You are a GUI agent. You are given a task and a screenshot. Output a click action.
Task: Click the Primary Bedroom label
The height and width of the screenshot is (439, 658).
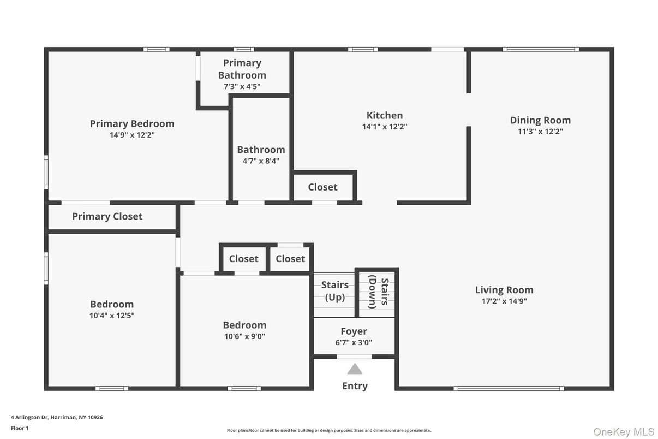pyautogui.click(x=132, y=124)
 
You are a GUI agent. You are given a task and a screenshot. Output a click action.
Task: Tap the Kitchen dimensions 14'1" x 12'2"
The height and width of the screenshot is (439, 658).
pyautogui.click(x=385, y=127)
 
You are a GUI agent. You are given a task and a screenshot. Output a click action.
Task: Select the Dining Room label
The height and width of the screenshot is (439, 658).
pyautogui.click(x=540, y=120)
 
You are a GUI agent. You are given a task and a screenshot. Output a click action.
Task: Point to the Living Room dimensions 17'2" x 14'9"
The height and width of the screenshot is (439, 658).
pyautogui.click(x=504, y=301)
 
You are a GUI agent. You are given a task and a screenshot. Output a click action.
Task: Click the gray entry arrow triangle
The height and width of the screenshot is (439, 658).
pyautogui.click(x=355, y=369)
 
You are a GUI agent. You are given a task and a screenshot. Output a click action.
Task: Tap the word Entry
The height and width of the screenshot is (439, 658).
pyautogui.click(x=355, y=386)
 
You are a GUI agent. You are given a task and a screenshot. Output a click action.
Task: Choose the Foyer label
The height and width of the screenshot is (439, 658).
pyautogui.click(x=354, y=331)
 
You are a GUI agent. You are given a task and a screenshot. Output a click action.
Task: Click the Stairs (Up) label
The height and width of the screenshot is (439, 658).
pyautogui.click(x=334, y=291)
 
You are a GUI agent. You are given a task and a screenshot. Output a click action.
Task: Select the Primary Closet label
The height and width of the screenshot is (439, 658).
pyautogui.click(x=107, y=216)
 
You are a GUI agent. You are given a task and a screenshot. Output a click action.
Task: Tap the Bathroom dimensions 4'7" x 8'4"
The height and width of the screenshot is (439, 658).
pyautogui.click(x=261, y=161)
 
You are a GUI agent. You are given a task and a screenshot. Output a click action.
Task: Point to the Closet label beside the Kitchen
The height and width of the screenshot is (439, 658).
pyautogui.click(x=322, y=187)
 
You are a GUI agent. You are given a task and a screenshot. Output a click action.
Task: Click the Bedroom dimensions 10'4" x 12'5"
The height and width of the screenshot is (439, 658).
pyautogui.click(x=112, y=316)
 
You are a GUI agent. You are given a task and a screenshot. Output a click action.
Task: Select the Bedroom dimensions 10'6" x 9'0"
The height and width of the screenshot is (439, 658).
pyautogui.click(x=244, y=336)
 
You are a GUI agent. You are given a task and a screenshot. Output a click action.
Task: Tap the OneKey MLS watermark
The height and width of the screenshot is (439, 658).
pyautogui.click(x=624, y=432)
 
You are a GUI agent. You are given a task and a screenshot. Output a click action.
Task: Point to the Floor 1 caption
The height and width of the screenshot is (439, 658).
pyautogui.click(x=20, y=428)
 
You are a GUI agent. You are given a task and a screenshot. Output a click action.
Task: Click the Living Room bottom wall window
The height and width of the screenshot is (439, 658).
pyautogui.click(x=509, y=389)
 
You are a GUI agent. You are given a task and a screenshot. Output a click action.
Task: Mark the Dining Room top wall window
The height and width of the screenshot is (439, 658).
pyautogui.click(x=540, y=49)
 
